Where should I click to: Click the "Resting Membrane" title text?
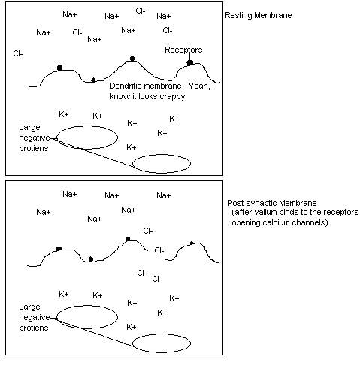(x=259, y=15)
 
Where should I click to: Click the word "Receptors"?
(x=183, y=50)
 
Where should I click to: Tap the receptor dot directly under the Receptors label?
(x=190, y=62)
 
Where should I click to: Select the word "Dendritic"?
(x=126, y=86)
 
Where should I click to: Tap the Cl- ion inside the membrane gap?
(x=159, y=250)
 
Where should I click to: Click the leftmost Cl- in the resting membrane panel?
(x=18, y=53)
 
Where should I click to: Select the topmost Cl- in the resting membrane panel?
(x=141, y=11)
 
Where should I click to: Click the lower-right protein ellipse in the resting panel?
(x=162, y=164)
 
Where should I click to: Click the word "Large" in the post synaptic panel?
(x=29, y=307)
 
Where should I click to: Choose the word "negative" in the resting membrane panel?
(x=35, y=138)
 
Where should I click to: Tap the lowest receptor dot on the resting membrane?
(x=93, y=80)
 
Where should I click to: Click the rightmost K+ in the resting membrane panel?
(x=174, y=119)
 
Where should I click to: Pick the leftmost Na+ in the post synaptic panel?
(x=44, y=212)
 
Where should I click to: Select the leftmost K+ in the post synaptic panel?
(x=64, y=294)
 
